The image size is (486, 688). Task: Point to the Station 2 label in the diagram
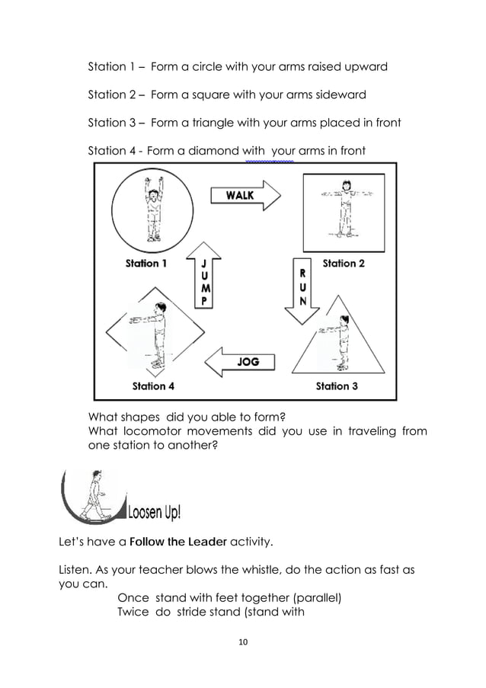tap(344, 264)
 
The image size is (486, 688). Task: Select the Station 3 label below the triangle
tap(337, 386)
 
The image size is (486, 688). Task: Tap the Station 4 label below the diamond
tap(153, 386)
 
